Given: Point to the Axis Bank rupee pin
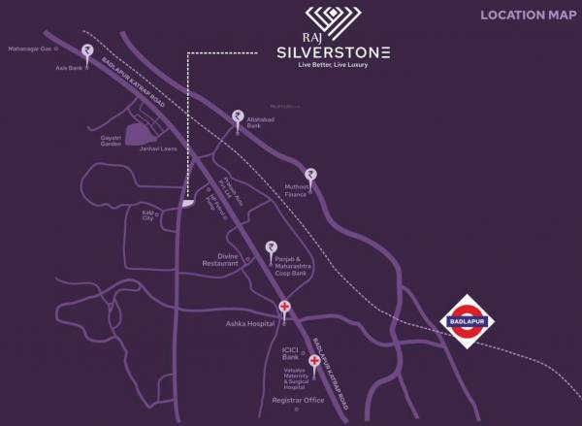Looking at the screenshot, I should (87, 50).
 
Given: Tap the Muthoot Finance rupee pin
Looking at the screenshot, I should (310, 176).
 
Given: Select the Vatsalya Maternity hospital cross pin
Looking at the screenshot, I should (313, 362).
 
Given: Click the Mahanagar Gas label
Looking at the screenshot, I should (28, 47).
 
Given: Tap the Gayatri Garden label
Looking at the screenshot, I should (112, 140).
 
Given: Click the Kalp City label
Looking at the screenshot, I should (148, 215).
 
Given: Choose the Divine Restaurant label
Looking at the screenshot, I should (220, 260).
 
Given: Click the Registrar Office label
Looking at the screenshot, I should (297, 400).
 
